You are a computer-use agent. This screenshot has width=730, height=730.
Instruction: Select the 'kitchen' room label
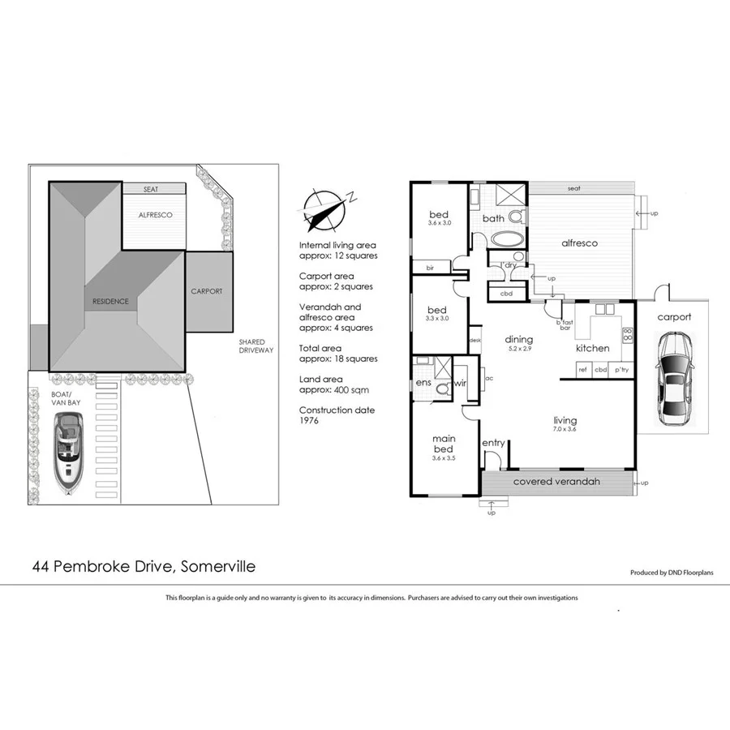[x=592, y=348]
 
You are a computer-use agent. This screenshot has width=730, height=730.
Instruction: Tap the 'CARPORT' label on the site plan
[x=206, y=291]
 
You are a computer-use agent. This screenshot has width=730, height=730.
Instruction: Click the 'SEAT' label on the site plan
[x=151, y=189]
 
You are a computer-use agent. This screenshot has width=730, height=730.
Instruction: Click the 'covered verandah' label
[x=556, y=482]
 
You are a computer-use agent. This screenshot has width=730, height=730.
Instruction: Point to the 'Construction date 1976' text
[x=337, y=416]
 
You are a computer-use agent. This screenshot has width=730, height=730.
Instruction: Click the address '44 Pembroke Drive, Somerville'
[x=143, y=566]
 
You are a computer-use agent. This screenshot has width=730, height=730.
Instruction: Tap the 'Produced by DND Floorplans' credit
[x=673, y=573]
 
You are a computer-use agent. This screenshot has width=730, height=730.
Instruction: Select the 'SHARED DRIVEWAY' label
[x=256, y=346]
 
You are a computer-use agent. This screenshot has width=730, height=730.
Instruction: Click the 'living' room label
[x=565, y=420]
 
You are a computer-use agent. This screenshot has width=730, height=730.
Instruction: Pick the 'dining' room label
[x=519, y=339]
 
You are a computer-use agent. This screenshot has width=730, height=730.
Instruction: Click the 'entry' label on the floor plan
[x=493, y=443]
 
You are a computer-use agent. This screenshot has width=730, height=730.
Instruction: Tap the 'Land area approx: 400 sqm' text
[x=333, y=384]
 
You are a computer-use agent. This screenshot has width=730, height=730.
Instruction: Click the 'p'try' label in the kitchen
[x=622, y=370]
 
